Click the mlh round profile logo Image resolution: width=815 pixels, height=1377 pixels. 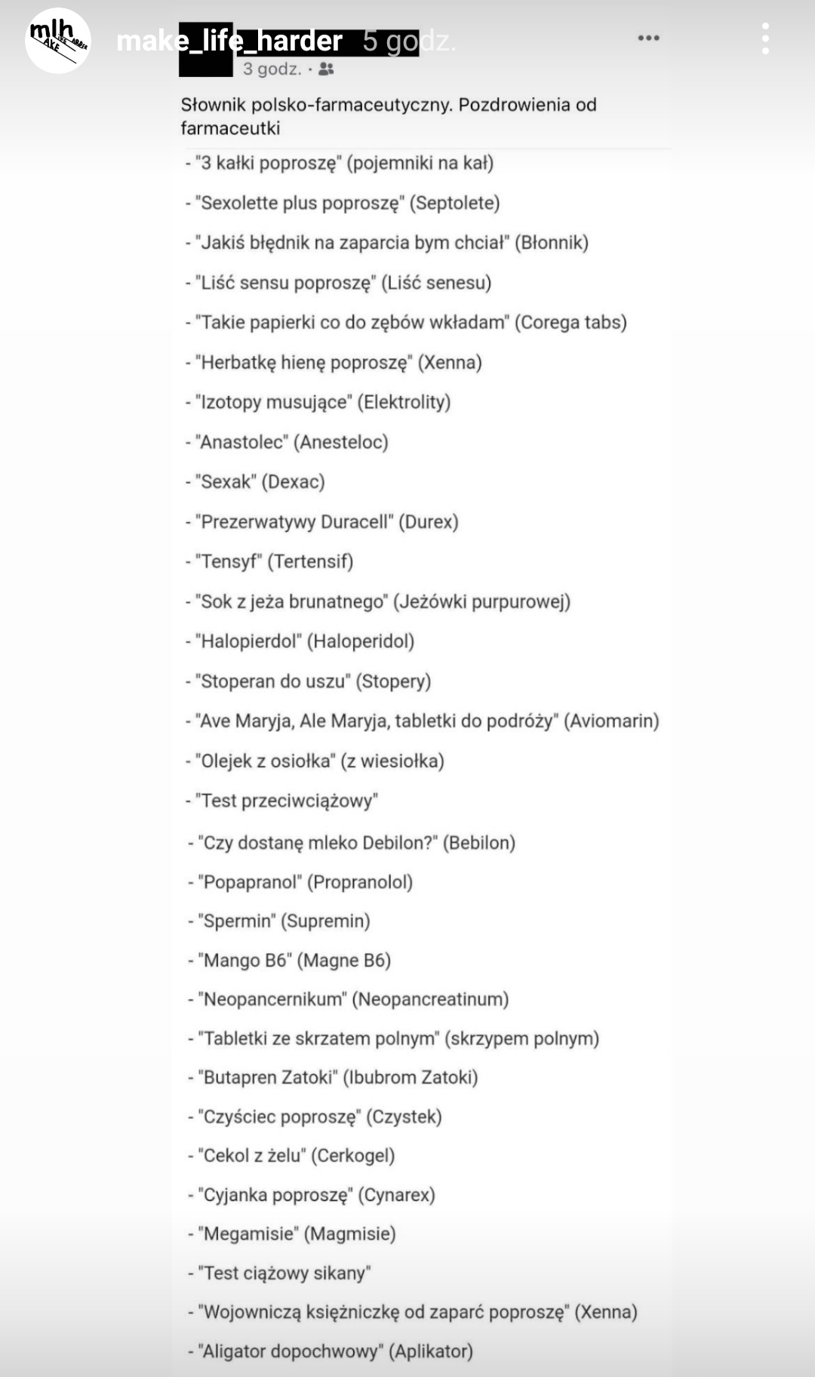(58, 41)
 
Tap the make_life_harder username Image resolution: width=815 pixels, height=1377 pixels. (229, 41)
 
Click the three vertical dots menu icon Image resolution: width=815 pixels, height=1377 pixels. (766, 38)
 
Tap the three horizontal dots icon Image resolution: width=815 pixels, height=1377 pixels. (648, 38)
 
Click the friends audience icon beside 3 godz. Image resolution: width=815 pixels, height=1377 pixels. (326, 69)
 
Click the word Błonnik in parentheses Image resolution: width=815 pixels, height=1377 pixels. (555, 243)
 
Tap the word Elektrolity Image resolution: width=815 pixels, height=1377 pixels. (404, 402)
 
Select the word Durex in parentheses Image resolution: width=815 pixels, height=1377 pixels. (429, 522)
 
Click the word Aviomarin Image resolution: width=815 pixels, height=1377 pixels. (612, 721)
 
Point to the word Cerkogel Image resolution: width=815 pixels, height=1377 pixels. (353, 1156)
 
